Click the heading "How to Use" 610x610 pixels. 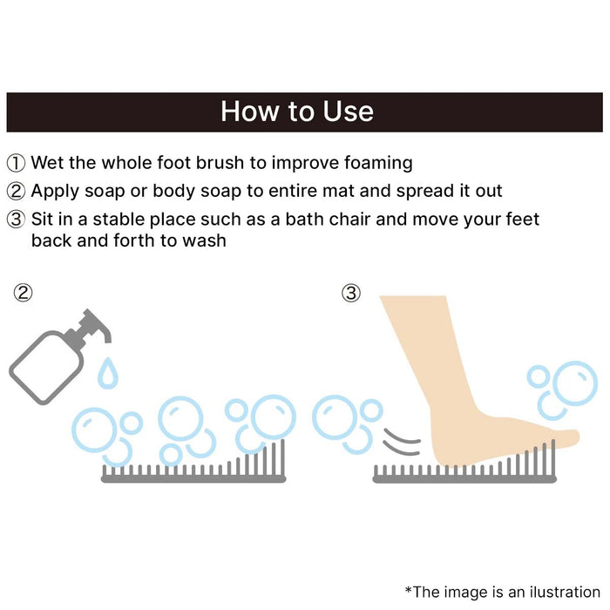(297, 112)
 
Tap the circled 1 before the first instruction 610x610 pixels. (16, 163)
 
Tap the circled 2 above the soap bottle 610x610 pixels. (23, 293)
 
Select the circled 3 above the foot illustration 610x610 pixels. (351, 293)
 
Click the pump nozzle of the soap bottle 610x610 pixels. (95, 325)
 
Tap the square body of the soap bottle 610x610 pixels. (46, 368)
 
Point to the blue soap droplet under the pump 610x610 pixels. (108, 373)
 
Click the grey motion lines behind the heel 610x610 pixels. (402, 443)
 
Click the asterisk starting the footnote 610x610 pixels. (408, 590)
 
